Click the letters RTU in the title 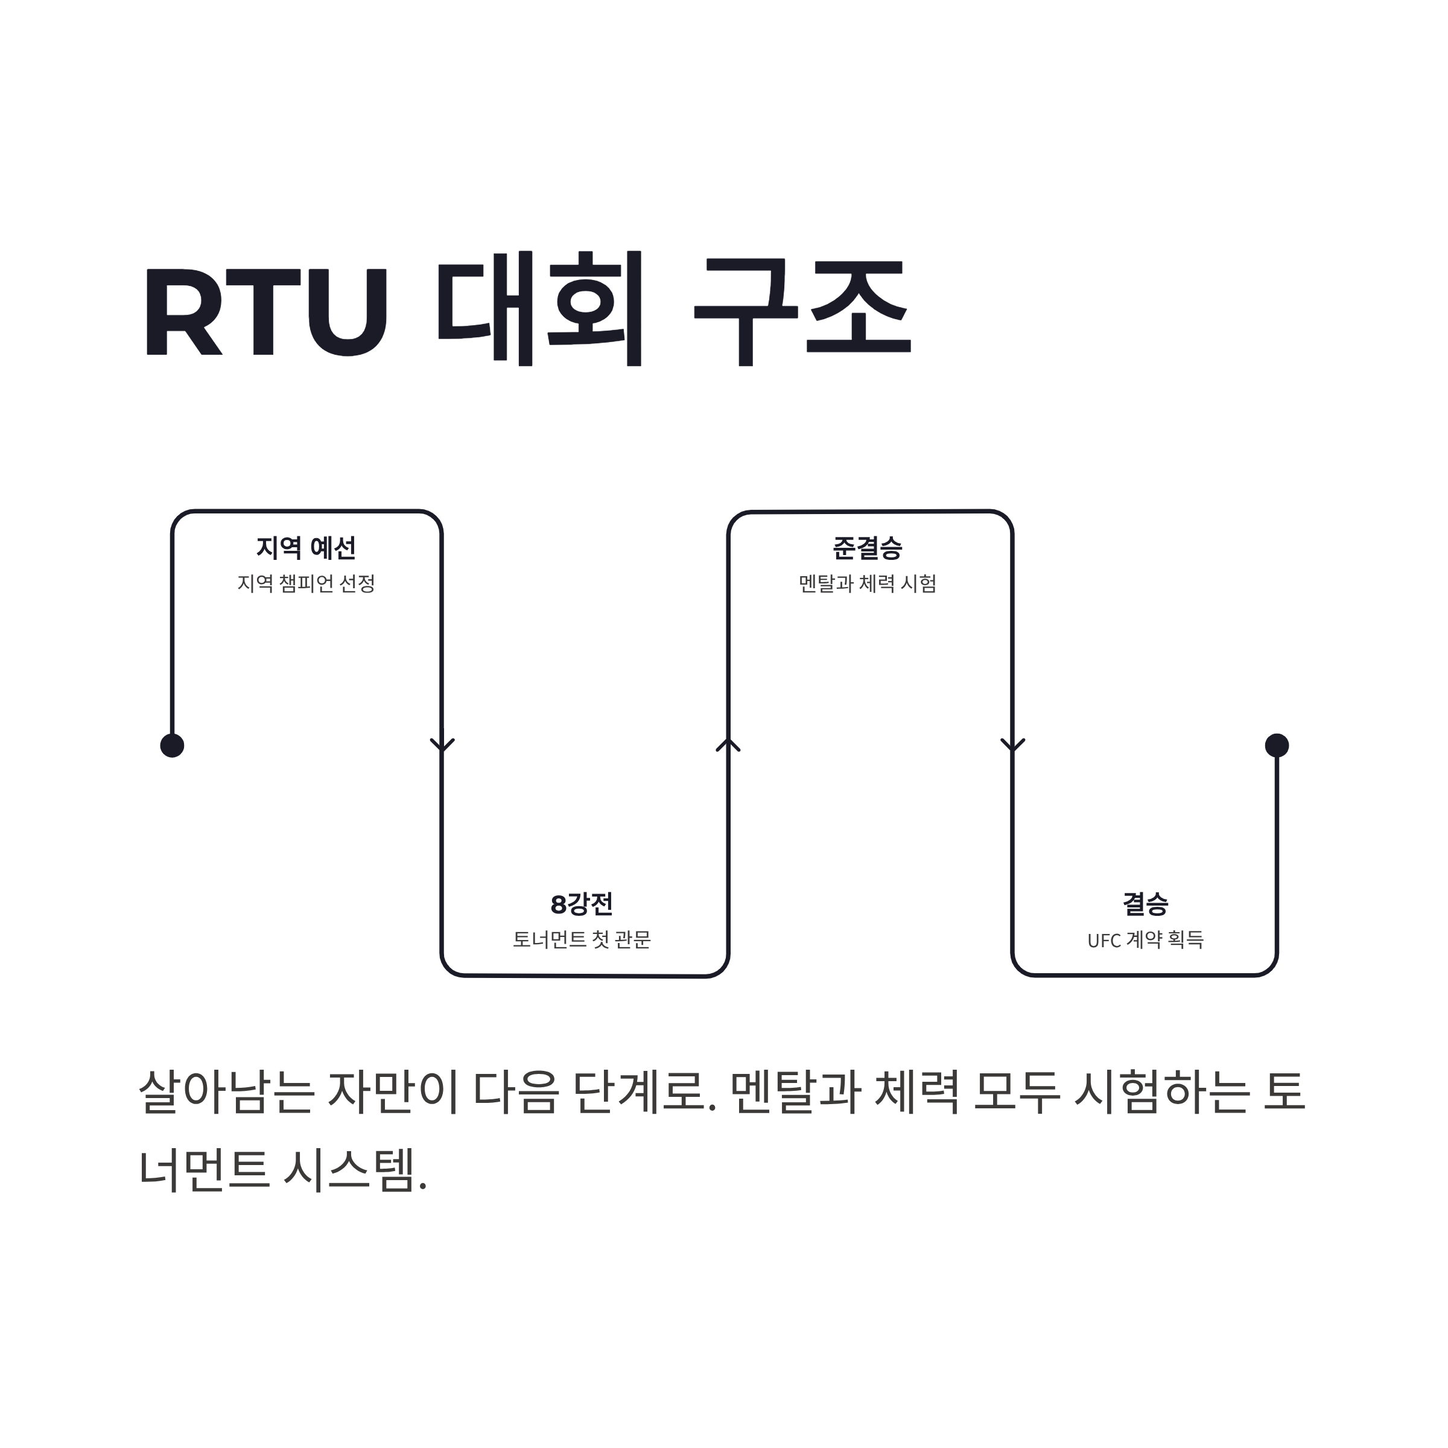coord(266,311)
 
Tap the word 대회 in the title coord(539,309)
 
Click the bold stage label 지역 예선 coord(306,548)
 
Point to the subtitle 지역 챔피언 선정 coord(306,583)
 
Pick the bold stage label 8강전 coord(582,904)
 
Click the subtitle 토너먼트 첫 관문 coord(582,939)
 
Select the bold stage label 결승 coord(1145,904)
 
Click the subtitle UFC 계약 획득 coord(1145,939)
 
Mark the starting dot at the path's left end coord(173,746)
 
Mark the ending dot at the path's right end coord(1277,745)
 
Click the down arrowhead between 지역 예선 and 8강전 coord(442,745)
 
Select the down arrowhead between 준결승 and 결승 coord(1012,745)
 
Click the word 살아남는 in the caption coord(226,1091)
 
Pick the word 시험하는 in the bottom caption coord(1161,1091)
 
